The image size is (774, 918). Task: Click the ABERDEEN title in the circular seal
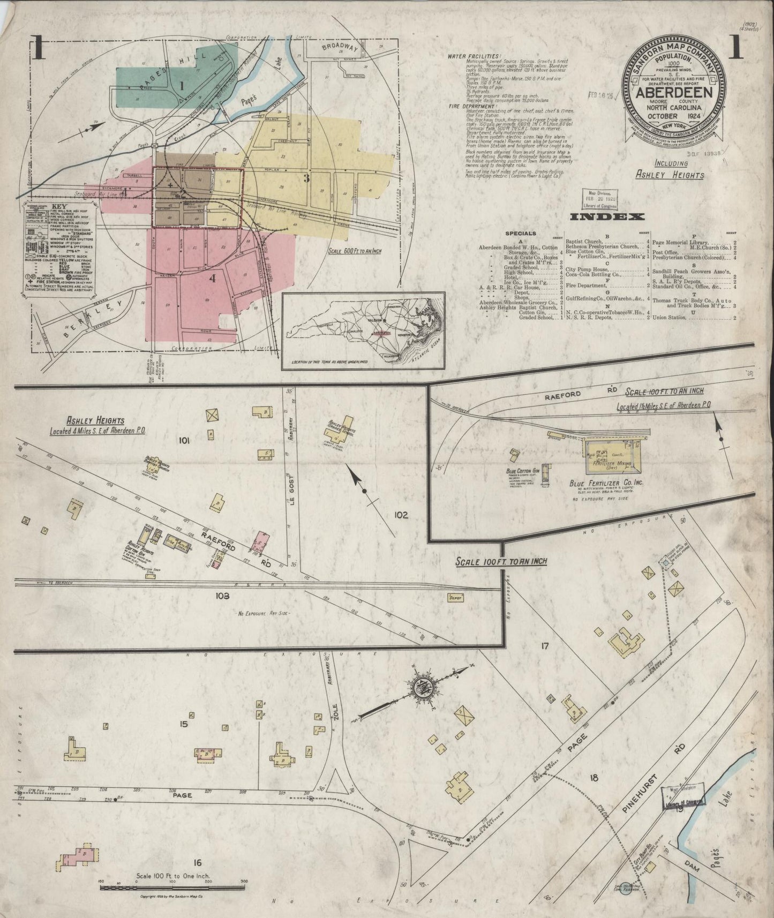coord(673,92)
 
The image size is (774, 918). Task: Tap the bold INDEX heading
coord(606,216)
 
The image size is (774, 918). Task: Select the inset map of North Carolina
coord(364,331)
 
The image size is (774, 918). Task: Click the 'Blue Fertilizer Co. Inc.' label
coord(607,483)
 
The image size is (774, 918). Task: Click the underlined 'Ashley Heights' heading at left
coord(96,421)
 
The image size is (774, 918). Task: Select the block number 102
coord(401,515)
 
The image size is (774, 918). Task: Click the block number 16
coord(197,862)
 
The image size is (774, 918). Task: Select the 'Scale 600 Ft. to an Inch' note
coord(356,250)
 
